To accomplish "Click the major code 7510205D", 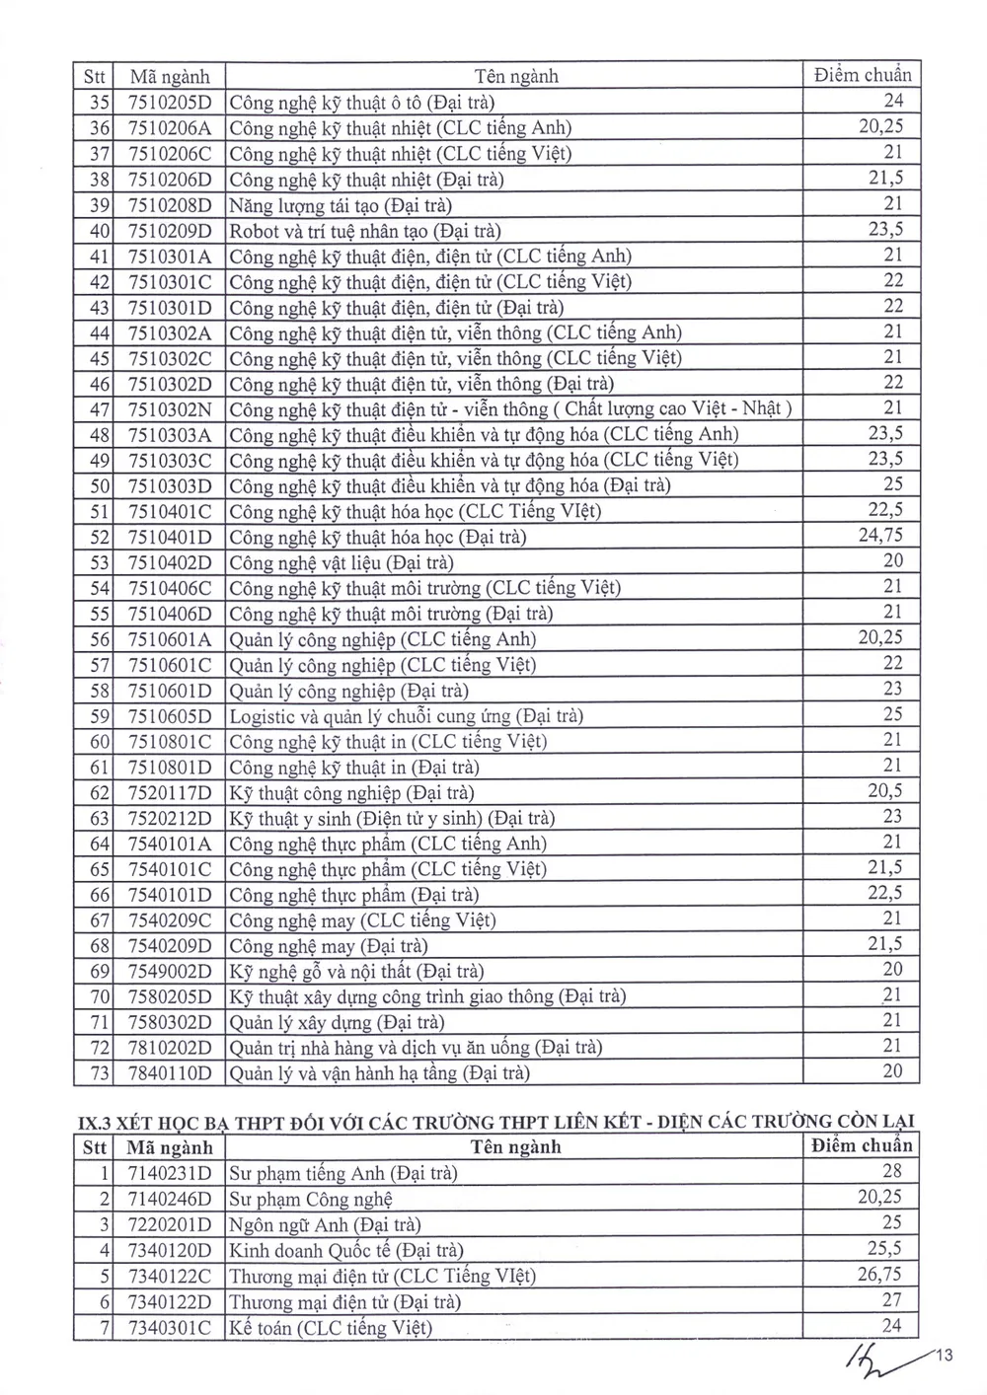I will point(170,102).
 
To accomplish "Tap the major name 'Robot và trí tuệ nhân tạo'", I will point(365,231).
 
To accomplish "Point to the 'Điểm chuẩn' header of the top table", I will point(863,75).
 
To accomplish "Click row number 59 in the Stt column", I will point(99,716).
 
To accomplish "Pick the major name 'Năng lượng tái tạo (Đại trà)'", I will point(341,205).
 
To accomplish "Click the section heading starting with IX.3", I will point(495,1121).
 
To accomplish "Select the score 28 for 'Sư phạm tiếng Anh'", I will point(892,1171).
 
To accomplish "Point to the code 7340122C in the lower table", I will point(170,1277).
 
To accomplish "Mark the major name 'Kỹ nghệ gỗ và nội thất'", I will point(356,972).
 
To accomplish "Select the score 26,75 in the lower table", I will point(879,1274).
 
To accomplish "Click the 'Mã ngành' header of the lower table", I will point(170,1147).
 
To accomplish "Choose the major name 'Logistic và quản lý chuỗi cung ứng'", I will point(406,716).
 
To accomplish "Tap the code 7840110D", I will point(170,1073).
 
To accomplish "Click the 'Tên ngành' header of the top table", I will point(515,76).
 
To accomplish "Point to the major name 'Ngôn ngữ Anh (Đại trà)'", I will point(325,1225).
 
